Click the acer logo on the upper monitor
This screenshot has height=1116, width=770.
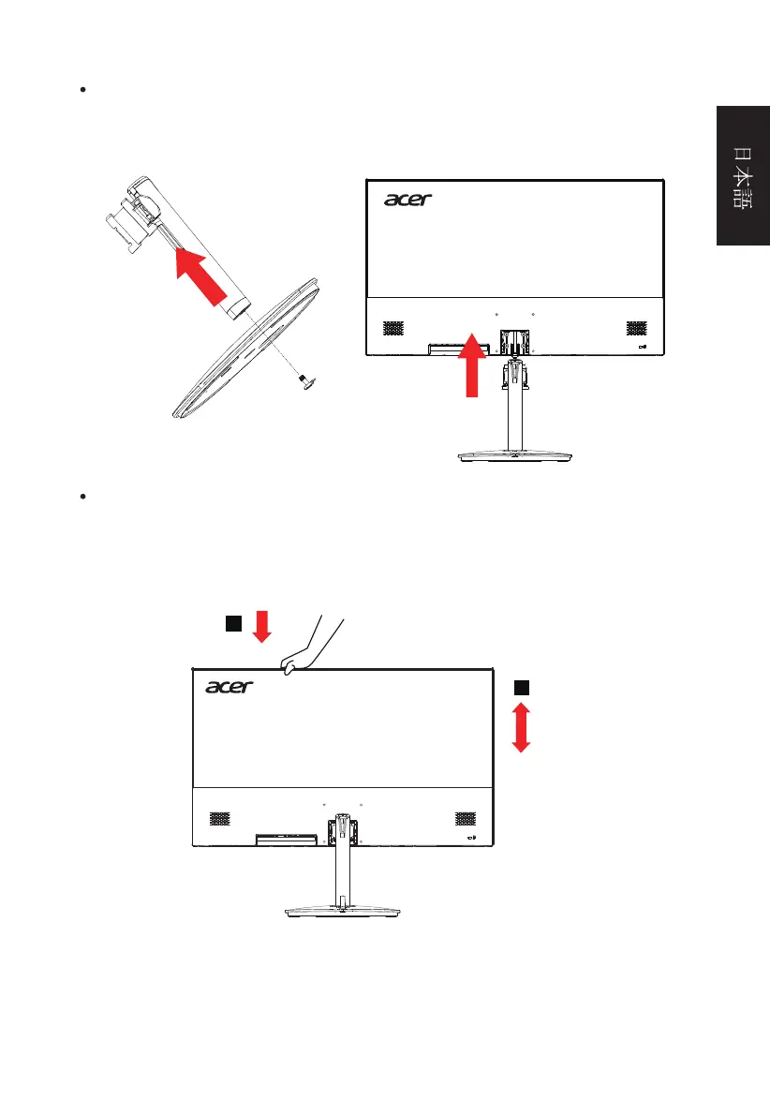click(x=407, y=200)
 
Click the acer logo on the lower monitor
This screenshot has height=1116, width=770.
click(x=230, y=687)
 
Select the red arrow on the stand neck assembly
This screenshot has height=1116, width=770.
click(x=201, y=276)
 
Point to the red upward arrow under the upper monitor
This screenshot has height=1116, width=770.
click(x=472, y=364)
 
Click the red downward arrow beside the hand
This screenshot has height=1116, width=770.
click(x=262, y=626)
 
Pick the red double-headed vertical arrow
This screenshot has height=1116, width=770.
click(x=521, y=727)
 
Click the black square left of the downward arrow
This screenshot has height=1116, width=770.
click(x=233, y=623)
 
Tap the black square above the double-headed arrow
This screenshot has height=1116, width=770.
click(x=522, y=688)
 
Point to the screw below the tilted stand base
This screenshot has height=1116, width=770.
click(x=307, y=382)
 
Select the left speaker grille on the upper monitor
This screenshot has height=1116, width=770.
click(x=393, y=328)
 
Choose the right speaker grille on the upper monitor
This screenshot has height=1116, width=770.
click(x=636, y=328)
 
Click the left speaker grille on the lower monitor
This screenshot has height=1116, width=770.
click(x=220, y=819)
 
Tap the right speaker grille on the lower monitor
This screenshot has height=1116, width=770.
click(x=466, y=819)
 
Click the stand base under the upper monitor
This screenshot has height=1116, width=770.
click(x=514, y=456)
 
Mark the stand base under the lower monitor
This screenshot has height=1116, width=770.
click(x=342, y=911)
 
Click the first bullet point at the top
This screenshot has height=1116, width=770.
click(x=83, y=90)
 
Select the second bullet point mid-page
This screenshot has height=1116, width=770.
click(x=83, y=496)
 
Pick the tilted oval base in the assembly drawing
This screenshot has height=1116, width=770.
click(x=244, y=348)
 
